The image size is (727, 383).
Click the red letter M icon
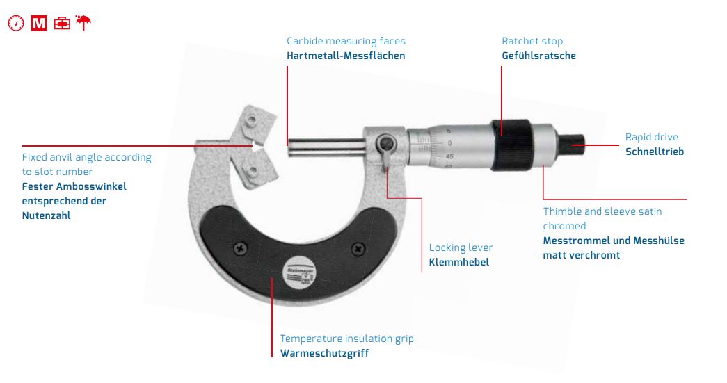pos(39,23)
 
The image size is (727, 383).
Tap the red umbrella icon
pos(83,22)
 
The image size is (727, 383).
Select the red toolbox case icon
pos(62,23)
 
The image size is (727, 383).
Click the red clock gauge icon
pos(16,23)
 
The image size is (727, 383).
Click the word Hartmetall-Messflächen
pos(346,56)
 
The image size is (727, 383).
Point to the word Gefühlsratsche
pos(538,56)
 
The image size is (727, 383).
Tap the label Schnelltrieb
pos(655,152)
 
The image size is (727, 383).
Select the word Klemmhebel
pos(459,262)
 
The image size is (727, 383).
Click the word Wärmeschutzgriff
pos(325,353)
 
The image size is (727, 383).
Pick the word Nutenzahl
pos(47,215)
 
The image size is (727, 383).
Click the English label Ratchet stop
pos(532,41)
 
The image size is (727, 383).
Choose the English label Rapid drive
pos(651,137)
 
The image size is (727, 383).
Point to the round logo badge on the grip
pos(299,271)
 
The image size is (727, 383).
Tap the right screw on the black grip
pos(358,249)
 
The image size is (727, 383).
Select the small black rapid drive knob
pos(571,145)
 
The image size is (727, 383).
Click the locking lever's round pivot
pos(385,144)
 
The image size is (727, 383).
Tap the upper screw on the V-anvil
pos(251,120)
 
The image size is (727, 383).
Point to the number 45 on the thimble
pos(449,156)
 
